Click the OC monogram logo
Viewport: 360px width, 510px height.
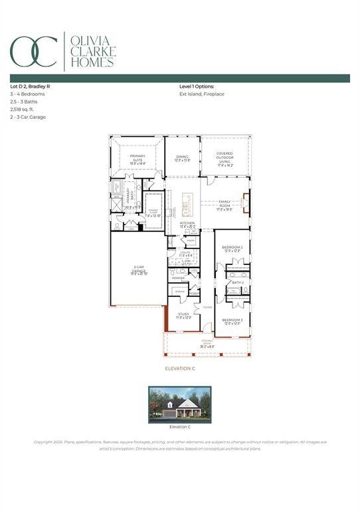(x=33, y=51)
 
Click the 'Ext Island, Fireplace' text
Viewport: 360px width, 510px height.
(x=201, y=94)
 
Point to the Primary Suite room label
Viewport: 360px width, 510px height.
(x=137, y=158)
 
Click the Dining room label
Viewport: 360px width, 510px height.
(x=182, y=158)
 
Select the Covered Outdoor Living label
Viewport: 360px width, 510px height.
(x=225, y=157)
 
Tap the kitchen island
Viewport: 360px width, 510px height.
(x=187, y=204)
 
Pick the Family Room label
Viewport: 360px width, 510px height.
(x=225, y=205)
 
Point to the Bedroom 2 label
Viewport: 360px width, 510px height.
(x=232, y=249)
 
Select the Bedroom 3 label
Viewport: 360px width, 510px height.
(x=232, y=321)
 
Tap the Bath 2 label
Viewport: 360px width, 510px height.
(x=238, y=283)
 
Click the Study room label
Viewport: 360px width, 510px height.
(x=183, y=315)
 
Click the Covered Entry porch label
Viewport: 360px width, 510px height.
(x=208, y=345)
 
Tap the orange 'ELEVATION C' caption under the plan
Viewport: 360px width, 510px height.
(x=179, y=368)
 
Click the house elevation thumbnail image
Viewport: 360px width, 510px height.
(x=179, y=403)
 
